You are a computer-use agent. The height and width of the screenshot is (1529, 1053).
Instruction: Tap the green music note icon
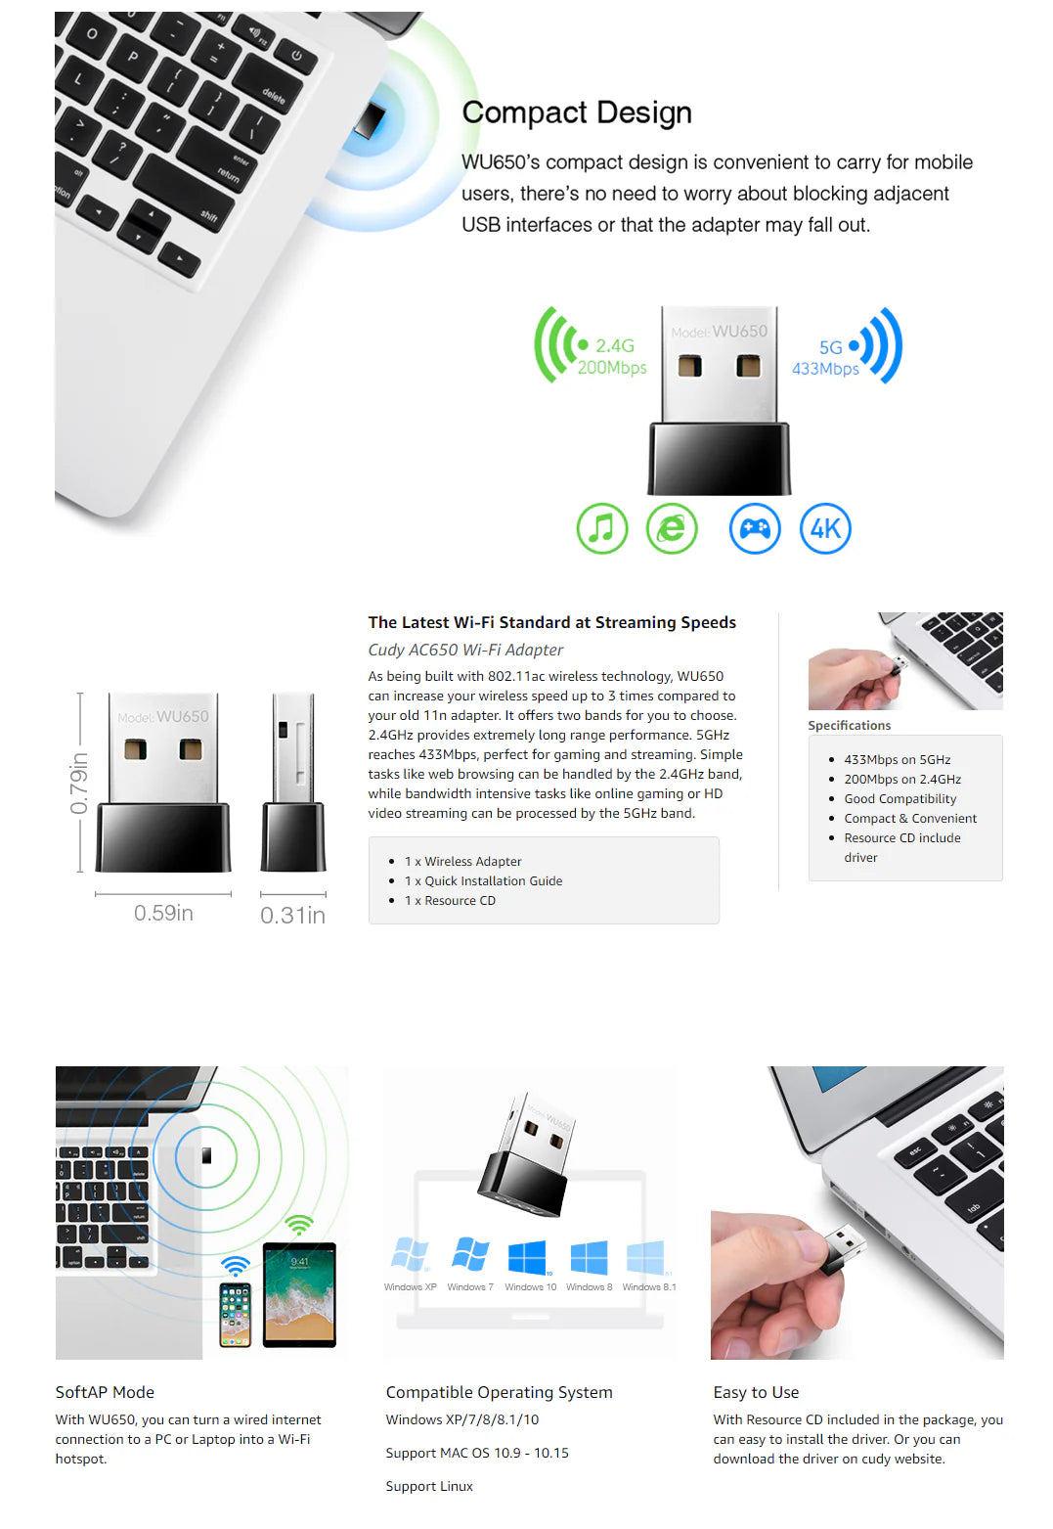coord(601,528)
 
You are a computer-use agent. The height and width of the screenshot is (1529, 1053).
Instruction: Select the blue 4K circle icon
coord(825,528)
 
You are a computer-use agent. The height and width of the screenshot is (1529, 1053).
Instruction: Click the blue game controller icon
coord(754,528)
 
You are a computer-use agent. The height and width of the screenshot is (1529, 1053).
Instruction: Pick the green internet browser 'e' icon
coord(672,528)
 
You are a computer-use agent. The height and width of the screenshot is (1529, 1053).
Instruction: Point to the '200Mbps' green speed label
coord(611,368)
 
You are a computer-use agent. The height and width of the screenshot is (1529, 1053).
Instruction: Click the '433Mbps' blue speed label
coord(825,369)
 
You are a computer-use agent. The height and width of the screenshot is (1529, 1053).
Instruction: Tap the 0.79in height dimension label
coord(78,783)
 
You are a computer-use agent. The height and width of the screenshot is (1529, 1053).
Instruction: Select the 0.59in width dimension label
coord(163,913)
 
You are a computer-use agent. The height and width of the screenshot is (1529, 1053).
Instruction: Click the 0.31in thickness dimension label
coord(292,916)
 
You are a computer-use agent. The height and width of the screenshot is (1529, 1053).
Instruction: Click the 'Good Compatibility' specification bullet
coord(899,798)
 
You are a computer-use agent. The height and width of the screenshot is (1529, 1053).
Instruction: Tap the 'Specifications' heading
coord(849,725)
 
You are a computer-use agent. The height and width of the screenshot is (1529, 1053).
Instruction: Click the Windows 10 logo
coord(528,1257)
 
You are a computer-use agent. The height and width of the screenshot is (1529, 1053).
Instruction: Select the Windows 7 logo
coord(470,1254)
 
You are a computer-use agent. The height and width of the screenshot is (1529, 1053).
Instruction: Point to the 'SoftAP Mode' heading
coord(105,1392)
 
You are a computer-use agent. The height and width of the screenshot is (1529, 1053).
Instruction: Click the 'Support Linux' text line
coord(428,1486)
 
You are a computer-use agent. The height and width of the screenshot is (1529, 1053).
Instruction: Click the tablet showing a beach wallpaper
coord(299,1295)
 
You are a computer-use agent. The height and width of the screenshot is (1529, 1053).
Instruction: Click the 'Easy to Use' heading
coord(756,1392)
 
